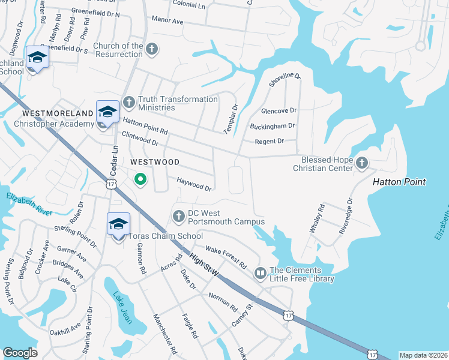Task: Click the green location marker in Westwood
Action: pos(140,179)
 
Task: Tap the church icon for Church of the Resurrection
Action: pos(152,49)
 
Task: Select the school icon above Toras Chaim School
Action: pos(118,224)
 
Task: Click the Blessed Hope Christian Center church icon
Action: pos(361,162)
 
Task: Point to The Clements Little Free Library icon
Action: pos(260,274)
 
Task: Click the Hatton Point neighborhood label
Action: pos(399,182)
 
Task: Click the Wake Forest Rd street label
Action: pos(226,257)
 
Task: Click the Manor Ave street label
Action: pos(167,20)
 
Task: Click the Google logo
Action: pos(20,353)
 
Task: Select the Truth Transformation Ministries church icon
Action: pos(128,102)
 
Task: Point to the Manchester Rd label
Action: pos(164,334)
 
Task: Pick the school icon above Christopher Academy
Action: pos(107,112)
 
